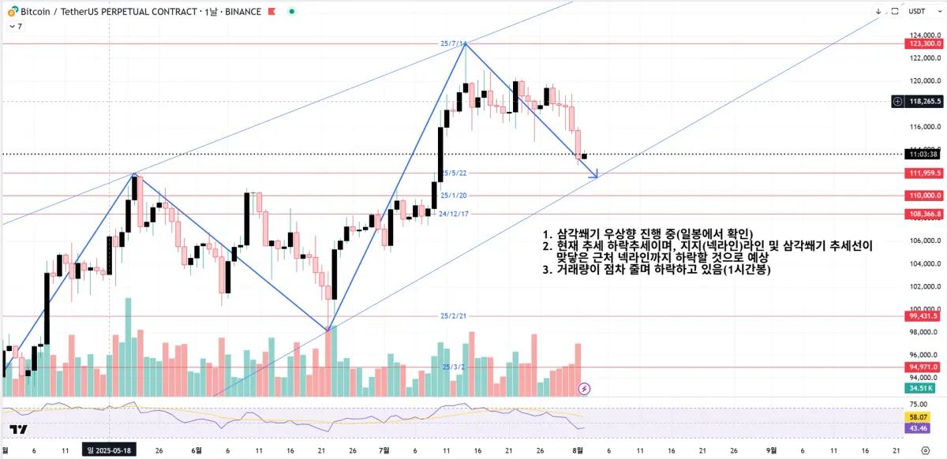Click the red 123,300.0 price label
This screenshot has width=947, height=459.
924,44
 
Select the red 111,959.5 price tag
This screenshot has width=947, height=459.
924,173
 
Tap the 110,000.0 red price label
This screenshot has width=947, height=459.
924,196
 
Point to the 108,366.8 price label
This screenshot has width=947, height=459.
924,214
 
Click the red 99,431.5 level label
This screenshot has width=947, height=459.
924,315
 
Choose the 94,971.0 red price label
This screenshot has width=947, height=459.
924,367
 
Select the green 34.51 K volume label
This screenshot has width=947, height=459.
920,388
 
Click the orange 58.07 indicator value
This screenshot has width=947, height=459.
918,416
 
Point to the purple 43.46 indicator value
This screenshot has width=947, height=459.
918,427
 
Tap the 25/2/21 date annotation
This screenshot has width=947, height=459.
454,316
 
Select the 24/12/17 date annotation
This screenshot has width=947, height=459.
455,214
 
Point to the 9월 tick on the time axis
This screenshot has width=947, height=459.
770,450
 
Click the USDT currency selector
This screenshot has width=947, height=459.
917,11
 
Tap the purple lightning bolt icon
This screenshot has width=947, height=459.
584,388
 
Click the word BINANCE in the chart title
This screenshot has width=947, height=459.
240,12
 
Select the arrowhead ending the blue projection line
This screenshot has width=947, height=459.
596,174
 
